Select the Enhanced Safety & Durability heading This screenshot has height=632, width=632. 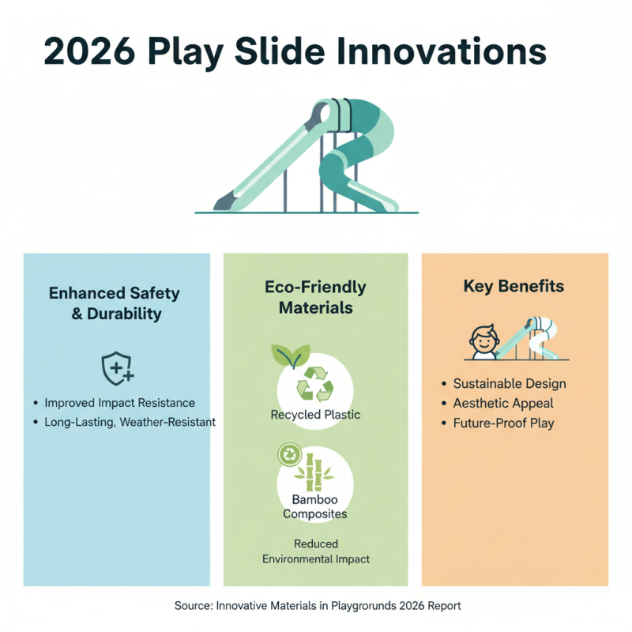[x=115, y=303]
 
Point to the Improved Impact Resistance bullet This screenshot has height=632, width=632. [x=119, y=403]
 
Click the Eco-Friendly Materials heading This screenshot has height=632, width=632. [x=315, y=297]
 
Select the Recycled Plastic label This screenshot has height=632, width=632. [x=316, y=415]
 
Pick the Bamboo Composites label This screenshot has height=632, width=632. [x=314, y=507]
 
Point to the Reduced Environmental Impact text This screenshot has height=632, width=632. [x=316, y=551]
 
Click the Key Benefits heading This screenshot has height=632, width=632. [x=513, y=286]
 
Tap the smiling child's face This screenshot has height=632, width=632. [x=481, y=342]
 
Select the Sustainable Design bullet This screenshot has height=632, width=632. [x=510, y=384]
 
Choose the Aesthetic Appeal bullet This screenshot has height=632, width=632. [x=504, y=404]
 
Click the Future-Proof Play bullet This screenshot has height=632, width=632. [x=504, y=423]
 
